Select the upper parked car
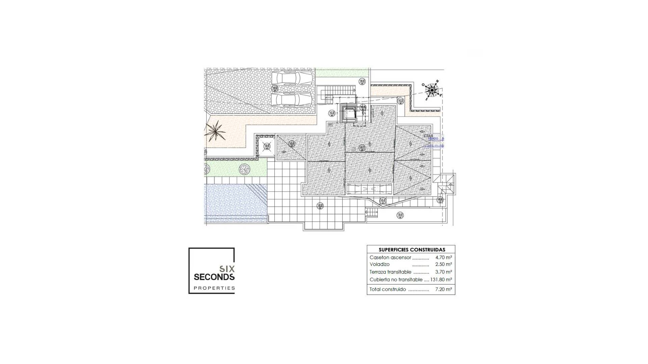tap(292, 78)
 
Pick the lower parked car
tap(292, 100)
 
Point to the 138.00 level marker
tap(400, 215)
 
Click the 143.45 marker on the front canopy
tap(383, 201)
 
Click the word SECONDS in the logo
tap(214, 277)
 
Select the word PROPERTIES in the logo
tap(214, 288)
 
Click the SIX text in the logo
tap(227, 269)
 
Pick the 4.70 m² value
tap(443, 257)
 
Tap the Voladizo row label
tap(379, 264)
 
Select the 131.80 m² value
tap(441, 279)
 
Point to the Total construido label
tap(387, 289)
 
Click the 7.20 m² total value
tap(443, 289)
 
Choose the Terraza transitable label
tap(390, 272)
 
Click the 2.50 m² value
tap(443, 264)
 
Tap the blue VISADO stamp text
tap(433, 139)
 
